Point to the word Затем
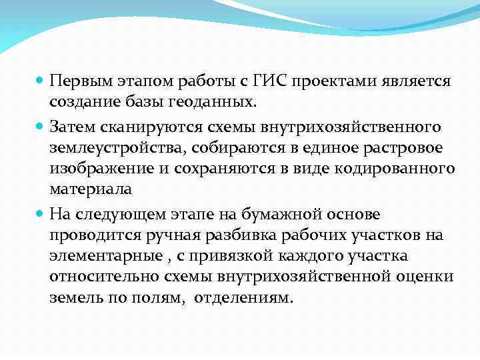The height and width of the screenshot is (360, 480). tap(71, 125)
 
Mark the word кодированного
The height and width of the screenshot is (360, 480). tap(399, 168)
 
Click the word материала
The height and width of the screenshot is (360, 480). tap(90, 189)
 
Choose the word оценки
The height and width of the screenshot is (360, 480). tap(425, 276)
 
